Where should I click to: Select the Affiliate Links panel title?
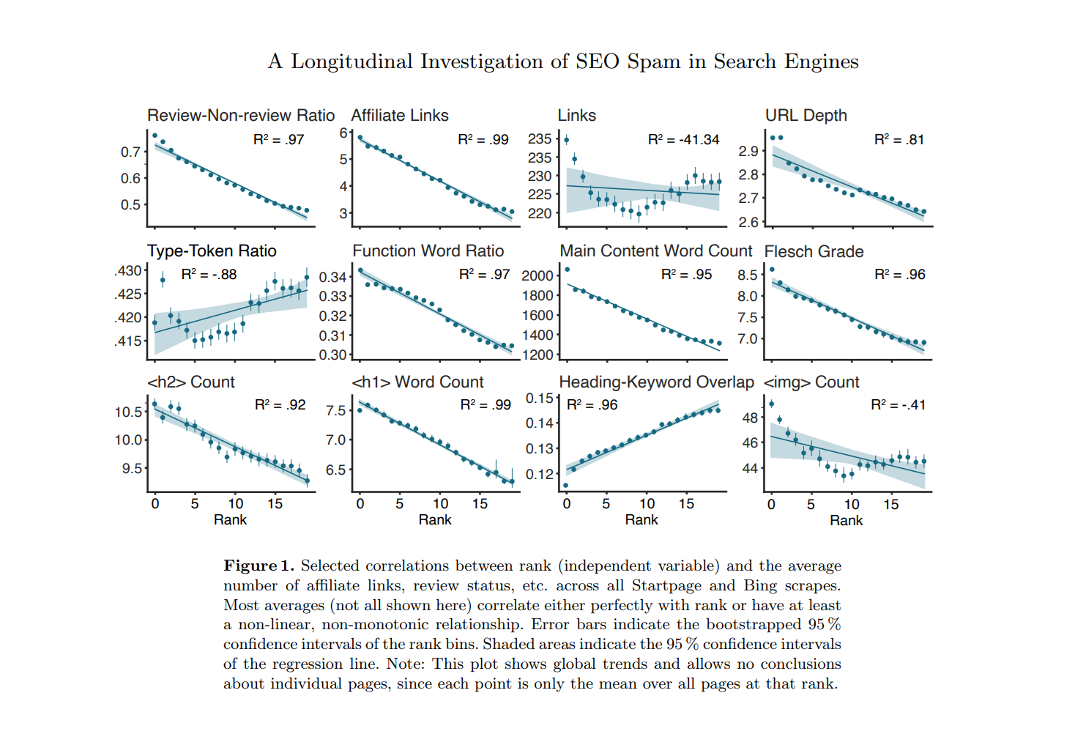click(x=399, y=116)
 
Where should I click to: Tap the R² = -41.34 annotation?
click(x=683, y=139)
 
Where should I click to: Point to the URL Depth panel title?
click(x=806, y=116)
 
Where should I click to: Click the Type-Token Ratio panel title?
click(x=212, y=251)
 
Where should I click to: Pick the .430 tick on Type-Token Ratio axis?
click(x=128, y=271)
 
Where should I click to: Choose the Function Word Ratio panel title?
click(x=428, y=251)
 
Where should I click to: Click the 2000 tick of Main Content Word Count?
click(x=537, y=275)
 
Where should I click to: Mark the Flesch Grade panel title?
click(x=814, y=252)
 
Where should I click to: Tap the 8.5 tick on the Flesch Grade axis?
click(x=747, y=275)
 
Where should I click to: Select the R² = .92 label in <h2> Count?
click(x=280, y=405)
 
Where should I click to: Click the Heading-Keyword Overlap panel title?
click(x=656, y=382)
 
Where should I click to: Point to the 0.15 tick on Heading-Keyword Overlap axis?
click(x=540, y=398)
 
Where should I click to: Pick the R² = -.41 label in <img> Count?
click(x=898, y=405)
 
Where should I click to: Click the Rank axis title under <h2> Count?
click(x=230, y=520)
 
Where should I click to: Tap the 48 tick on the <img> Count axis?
click(x=750, y=418)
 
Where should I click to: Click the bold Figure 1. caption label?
click(x=258, y=566)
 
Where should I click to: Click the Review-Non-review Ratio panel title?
click(x=241, y=116)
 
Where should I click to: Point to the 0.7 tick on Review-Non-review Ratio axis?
click(x=130, y=152)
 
